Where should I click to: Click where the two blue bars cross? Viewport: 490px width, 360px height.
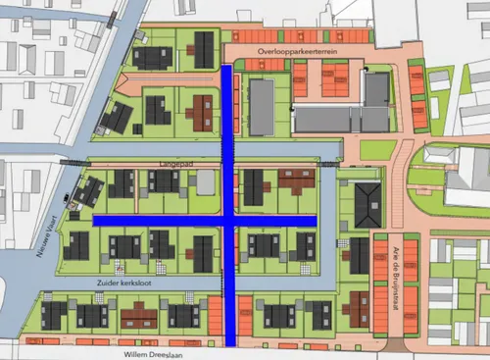tap(228, 221)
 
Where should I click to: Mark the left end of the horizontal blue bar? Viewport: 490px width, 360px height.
tap(96, 221)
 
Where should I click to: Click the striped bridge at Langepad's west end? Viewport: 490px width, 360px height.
tap(74, 160)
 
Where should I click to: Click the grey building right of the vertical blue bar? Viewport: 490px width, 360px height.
tap(262, 100)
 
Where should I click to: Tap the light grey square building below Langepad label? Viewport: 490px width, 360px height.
tap(206, 181)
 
